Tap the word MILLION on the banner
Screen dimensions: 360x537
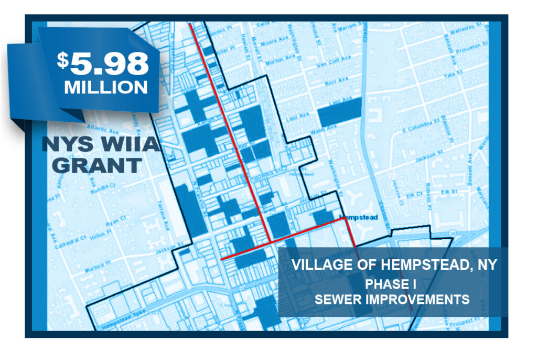106,88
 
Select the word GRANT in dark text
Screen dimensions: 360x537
98,165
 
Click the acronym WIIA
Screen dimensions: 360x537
125,143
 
